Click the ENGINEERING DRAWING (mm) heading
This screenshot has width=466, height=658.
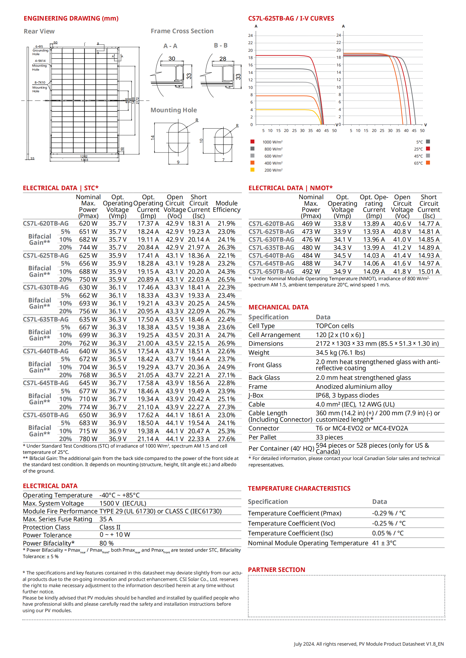71,18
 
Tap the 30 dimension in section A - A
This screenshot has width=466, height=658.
172,59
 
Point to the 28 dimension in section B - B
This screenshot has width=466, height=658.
223,59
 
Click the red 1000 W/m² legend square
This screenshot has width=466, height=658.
252,142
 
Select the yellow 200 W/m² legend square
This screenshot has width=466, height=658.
252,170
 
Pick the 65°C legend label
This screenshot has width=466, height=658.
418,163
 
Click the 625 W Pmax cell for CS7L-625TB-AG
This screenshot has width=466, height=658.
88,255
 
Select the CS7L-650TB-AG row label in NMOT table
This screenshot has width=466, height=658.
271,271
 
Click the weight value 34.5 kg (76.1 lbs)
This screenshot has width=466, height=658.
340,352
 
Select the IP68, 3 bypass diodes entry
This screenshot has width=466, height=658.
347,395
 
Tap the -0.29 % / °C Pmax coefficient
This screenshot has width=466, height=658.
389,513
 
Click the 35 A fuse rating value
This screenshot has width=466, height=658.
106,519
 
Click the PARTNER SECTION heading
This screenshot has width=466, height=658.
276,570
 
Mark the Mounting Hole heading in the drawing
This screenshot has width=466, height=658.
174,110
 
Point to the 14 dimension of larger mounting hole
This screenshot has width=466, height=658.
153,138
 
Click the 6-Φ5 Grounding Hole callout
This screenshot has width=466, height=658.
40,50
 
